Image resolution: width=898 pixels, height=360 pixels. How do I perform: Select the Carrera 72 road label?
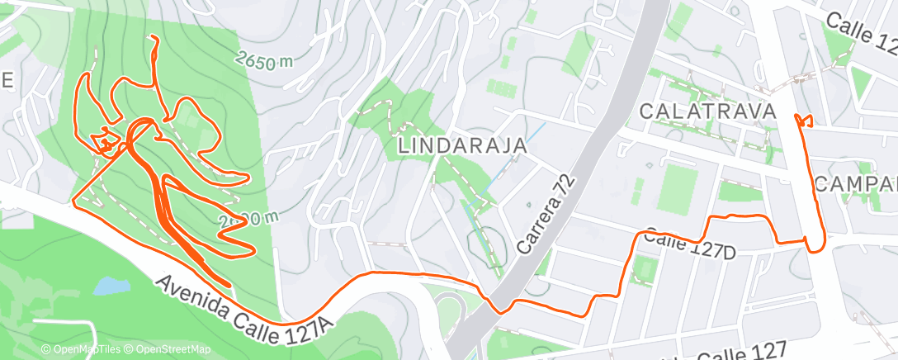tap(544, 212)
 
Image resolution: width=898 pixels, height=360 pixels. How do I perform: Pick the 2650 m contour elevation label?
tap(264, 59)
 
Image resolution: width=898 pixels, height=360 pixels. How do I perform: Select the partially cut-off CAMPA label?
tap(855, 183)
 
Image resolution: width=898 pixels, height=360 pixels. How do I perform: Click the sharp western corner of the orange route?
tap(75, 201)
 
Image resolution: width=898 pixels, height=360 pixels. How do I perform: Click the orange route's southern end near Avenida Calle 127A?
tap(228, 285)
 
